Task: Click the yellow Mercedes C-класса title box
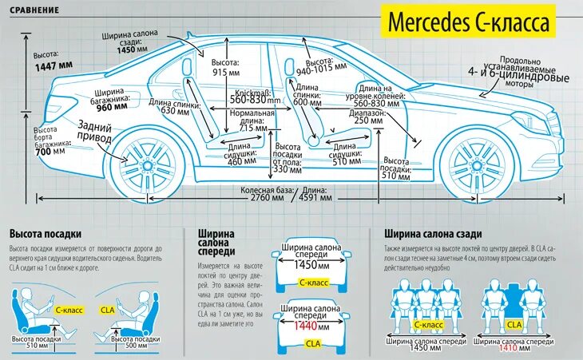(468, 22)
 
